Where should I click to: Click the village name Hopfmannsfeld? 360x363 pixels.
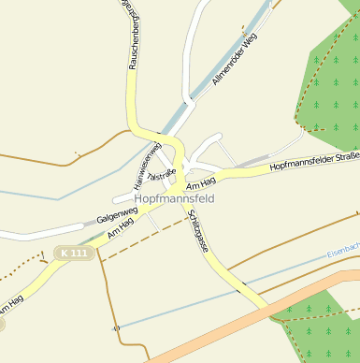(175, 199)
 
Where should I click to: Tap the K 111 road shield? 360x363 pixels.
(72, 253)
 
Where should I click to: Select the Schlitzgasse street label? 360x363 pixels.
(197, 231)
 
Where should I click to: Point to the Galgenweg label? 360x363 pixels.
(116, 217)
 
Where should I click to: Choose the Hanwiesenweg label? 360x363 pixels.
(148, 160)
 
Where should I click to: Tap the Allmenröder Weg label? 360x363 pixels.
(234, 59)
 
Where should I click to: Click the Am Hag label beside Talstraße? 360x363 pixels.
(201, 181)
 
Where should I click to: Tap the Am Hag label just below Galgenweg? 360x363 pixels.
(120, 228)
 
